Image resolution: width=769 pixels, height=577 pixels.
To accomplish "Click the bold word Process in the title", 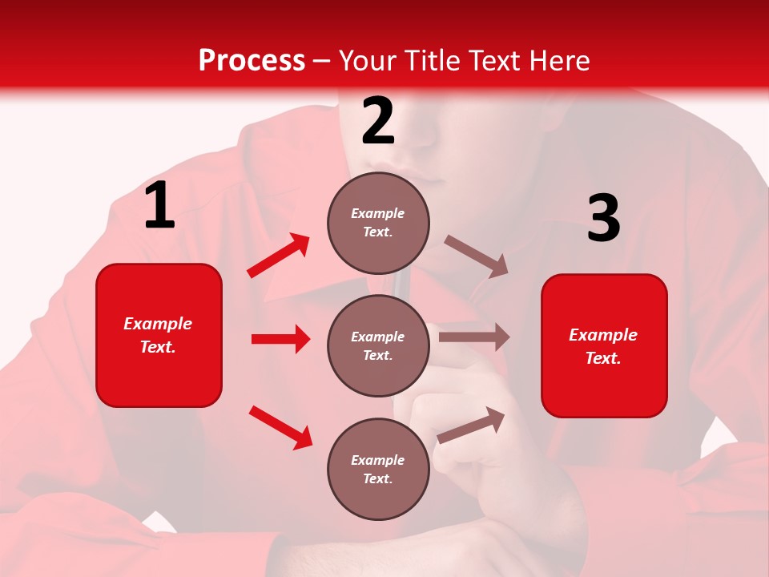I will coord(252,61).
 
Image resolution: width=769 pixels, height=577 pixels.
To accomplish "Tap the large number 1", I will coord(159,206).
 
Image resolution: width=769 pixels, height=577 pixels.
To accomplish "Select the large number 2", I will coord(378,122).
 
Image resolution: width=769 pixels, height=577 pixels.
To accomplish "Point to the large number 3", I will coord(603,219).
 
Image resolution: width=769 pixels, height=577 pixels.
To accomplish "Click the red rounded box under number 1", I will coord(159,335).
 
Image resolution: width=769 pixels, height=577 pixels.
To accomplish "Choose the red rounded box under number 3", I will coord(604,345).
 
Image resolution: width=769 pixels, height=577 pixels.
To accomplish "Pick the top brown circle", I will coord(378,223).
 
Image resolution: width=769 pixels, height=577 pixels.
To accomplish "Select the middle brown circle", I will coord(378,345).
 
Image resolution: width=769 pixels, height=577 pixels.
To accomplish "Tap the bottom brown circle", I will coord(378,469).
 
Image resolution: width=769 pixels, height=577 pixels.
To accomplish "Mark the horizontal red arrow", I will coord(280,339).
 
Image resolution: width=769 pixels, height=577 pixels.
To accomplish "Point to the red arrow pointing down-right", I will coord(280,427).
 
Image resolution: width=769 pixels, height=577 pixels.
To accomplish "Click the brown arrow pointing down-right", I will coord(477,256).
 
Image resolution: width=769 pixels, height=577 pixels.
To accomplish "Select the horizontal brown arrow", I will coord(474,337).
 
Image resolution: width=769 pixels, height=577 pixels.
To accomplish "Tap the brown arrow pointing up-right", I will coord(471,425).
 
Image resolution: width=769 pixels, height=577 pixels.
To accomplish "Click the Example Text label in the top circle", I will coord(378,223).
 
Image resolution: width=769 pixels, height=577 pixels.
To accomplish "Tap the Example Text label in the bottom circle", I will coord(378,469).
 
